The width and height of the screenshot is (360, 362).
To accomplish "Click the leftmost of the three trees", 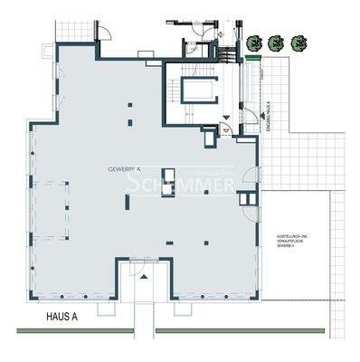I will (257, 42).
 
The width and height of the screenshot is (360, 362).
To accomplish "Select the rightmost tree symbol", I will (298, 42).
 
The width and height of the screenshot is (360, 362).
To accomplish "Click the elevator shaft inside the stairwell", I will (198, 89).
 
